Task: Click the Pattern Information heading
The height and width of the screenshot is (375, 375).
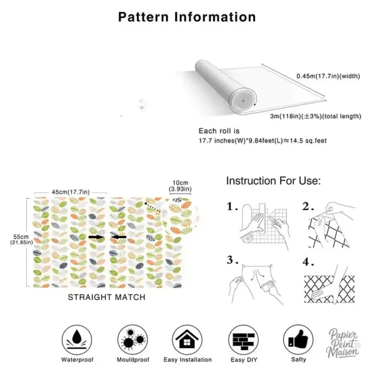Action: point(187,17)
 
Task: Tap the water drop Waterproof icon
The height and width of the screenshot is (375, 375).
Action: point(77,339)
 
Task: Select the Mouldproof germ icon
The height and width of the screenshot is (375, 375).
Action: point(132,339)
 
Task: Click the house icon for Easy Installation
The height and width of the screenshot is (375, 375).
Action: point(187,339)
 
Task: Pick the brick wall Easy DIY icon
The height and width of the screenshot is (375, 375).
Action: point(244,339)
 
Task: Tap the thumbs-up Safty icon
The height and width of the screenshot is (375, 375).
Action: point(298,339)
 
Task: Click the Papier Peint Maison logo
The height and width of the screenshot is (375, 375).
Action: point(343,343)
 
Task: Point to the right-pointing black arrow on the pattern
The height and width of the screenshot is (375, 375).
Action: point(96,237)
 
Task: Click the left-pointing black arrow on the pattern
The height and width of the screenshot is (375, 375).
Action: point(118,237)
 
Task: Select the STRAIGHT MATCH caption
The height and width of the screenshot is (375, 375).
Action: point(107,297)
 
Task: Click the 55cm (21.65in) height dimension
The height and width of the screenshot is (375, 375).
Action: point(21,239)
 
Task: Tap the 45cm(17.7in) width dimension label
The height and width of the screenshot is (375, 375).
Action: point(71,192)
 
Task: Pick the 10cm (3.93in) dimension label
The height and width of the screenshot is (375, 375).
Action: point(181,186)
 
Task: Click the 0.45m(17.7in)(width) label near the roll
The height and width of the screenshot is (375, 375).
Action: point(328,76)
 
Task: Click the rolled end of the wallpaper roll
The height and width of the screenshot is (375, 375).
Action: point(242,101)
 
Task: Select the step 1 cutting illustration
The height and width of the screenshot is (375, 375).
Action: point(265,226)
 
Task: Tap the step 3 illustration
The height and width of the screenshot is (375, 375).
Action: point(255,284)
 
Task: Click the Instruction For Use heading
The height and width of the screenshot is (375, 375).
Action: point(273,181)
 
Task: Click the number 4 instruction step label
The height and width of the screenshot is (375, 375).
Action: point(308,262)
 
